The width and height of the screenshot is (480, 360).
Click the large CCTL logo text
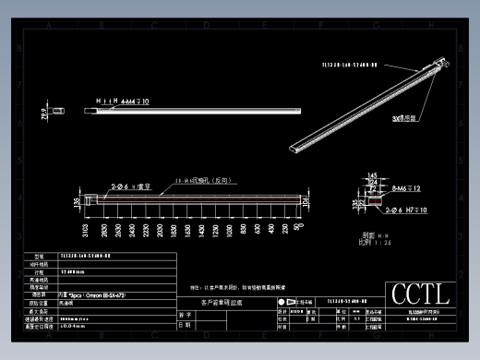pyautogui.click(x=421, y=294)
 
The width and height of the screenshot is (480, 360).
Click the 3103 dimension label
pyautogui.click(x=85, y=230)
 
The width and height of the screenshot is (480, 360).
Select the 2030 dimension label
pyautogui.click(x=161, y=230)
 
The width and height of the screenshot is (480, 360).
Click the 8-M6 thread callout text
pyautogui.click(x=392, y=187)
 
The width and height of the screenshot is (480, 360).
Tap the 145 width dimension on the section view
pyautogui.click(x=372, y=176)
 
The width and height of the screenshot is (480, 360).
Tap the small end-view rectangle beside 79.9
pyautogui.click(x=59, y=111)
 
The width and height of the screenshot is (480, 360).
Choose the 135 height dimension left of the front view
pyautogui.click(x=77, y=201)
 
